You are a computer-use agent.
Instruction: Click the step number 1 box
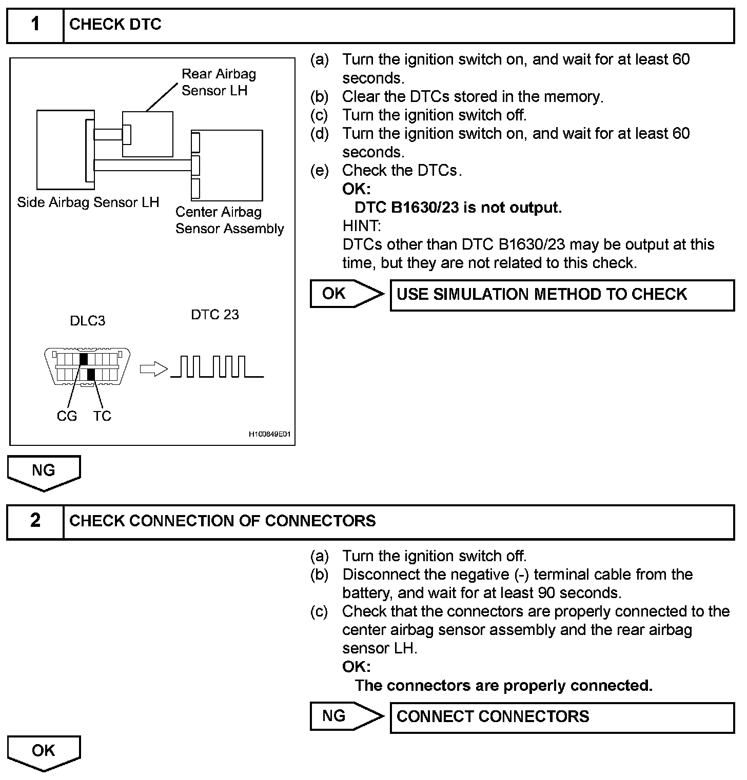(35, 25)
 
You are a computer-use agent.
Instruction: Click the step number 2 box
(35, 521)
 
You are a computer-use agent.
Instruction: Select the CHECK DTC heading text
(115, 25)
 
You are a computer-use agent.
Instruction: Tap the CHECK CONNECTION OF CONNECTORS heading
(222, 521)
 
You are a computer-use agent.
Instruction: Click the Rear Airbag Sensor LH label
(218, 82)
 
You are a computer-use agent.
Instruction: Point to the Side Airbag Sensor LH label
(88, 202)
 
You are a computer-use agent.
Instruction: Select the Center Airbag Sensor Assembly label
(229, 220)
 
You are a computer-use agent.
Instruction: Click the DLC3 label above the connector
(87, 321)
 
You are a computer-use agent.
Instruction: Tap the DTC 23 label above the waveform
(214, 314)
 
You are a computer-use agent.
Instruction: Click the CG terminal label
(67, 416)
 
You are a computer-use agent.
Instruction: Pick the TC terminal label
(102, 416)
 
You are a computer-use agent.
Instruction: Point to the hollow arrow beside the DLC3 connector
(153, 369)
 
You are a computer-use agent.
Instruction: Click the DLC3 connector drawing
(87, 366)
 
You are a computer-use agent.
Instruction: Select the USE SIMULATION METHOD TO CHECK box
(562, 295)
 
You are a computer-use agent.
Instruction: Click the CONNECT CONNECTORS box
(562, 716)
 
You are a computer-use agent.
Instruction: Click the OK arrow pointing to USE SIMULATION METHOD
(346, 294)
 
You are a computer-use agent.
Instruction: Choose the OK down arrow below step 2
(44, 752)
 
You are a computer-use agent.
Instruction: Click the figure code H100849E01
(269, 435)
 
